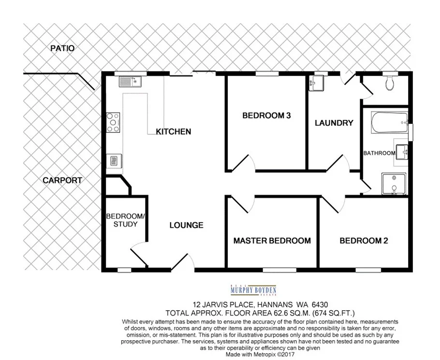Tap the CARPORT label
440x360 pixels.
[62, 180]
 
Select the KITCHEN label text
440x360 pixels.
[173, 131]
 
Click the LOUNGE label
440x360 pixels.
[186, 225]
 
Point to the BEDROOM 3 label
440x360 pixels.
[266, 115]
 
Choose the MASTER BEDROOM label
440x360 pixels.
[272, 241]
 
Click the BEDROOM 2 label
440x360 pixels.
[364, 241]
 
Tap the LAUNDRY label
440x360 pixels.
[334, 123]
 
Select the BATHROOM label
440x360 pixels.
[379, 153]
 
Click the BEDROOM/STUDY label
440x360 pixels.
[122, 220]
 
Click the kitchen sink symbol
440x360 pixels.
[129, 81]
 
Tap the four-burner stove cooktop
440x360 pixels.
[113, 123]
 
